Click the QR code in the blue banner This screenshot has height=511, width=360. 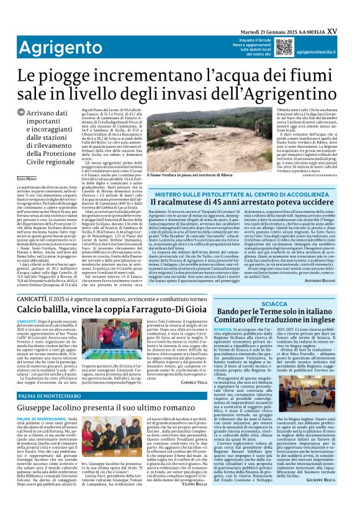coord(284,46)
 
